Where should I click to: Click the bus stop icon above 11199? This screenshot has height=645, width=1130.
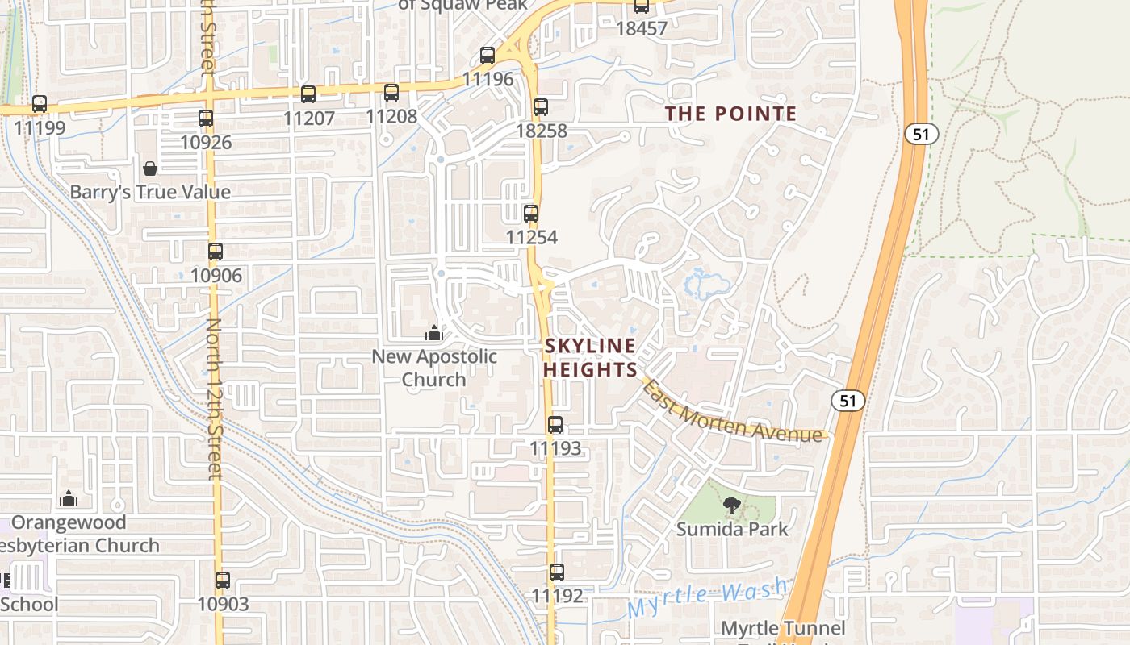tap(40, 104)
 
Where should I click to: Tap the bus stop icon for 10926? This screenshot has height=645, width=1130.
tap(206, 119)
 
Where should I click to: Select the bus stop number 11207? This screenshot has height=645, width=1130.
tap(308, 118)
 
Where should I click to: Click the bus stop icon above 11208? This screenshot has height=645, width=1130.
tap(391, 93)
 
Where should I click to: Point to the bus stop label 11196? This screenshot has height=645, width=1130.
tap(488, 79)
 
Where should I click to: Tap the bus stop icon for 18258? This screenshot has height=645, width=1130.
tap(541, 106)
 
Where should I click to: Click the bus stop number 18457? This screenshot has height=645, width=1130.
tap(642, 28)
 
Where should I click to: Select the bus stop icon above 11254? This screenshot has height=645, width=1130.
tap(531, 214)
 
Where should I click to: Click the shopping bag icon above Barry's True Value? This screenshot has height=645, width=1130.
tap(150, 169)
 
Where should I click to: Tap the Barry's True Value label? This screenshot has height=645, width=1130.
tap(150, 192)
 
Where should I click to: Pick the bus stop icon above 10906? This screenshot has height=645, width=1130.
tap(216, 252)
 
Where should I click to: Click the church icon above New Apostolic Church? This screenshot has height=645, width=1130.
tap(434, 332)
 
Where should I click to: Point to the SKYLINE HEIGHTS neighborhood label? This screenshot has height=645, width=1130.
tap(590, 357)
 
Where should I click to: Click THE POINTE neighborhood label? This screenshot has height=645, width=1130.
tap(730, 114)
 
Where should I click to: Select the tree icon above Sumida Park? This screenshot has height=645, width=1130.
tap(732, 506)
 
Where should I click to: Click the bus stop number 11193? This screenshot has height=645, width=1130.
tap(555, 447)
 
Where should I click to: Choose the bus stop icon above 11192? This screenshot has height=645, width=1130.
tap(557, 572)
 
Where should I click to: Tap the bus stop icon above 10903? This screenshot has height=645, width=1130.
tap(223, 580)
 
